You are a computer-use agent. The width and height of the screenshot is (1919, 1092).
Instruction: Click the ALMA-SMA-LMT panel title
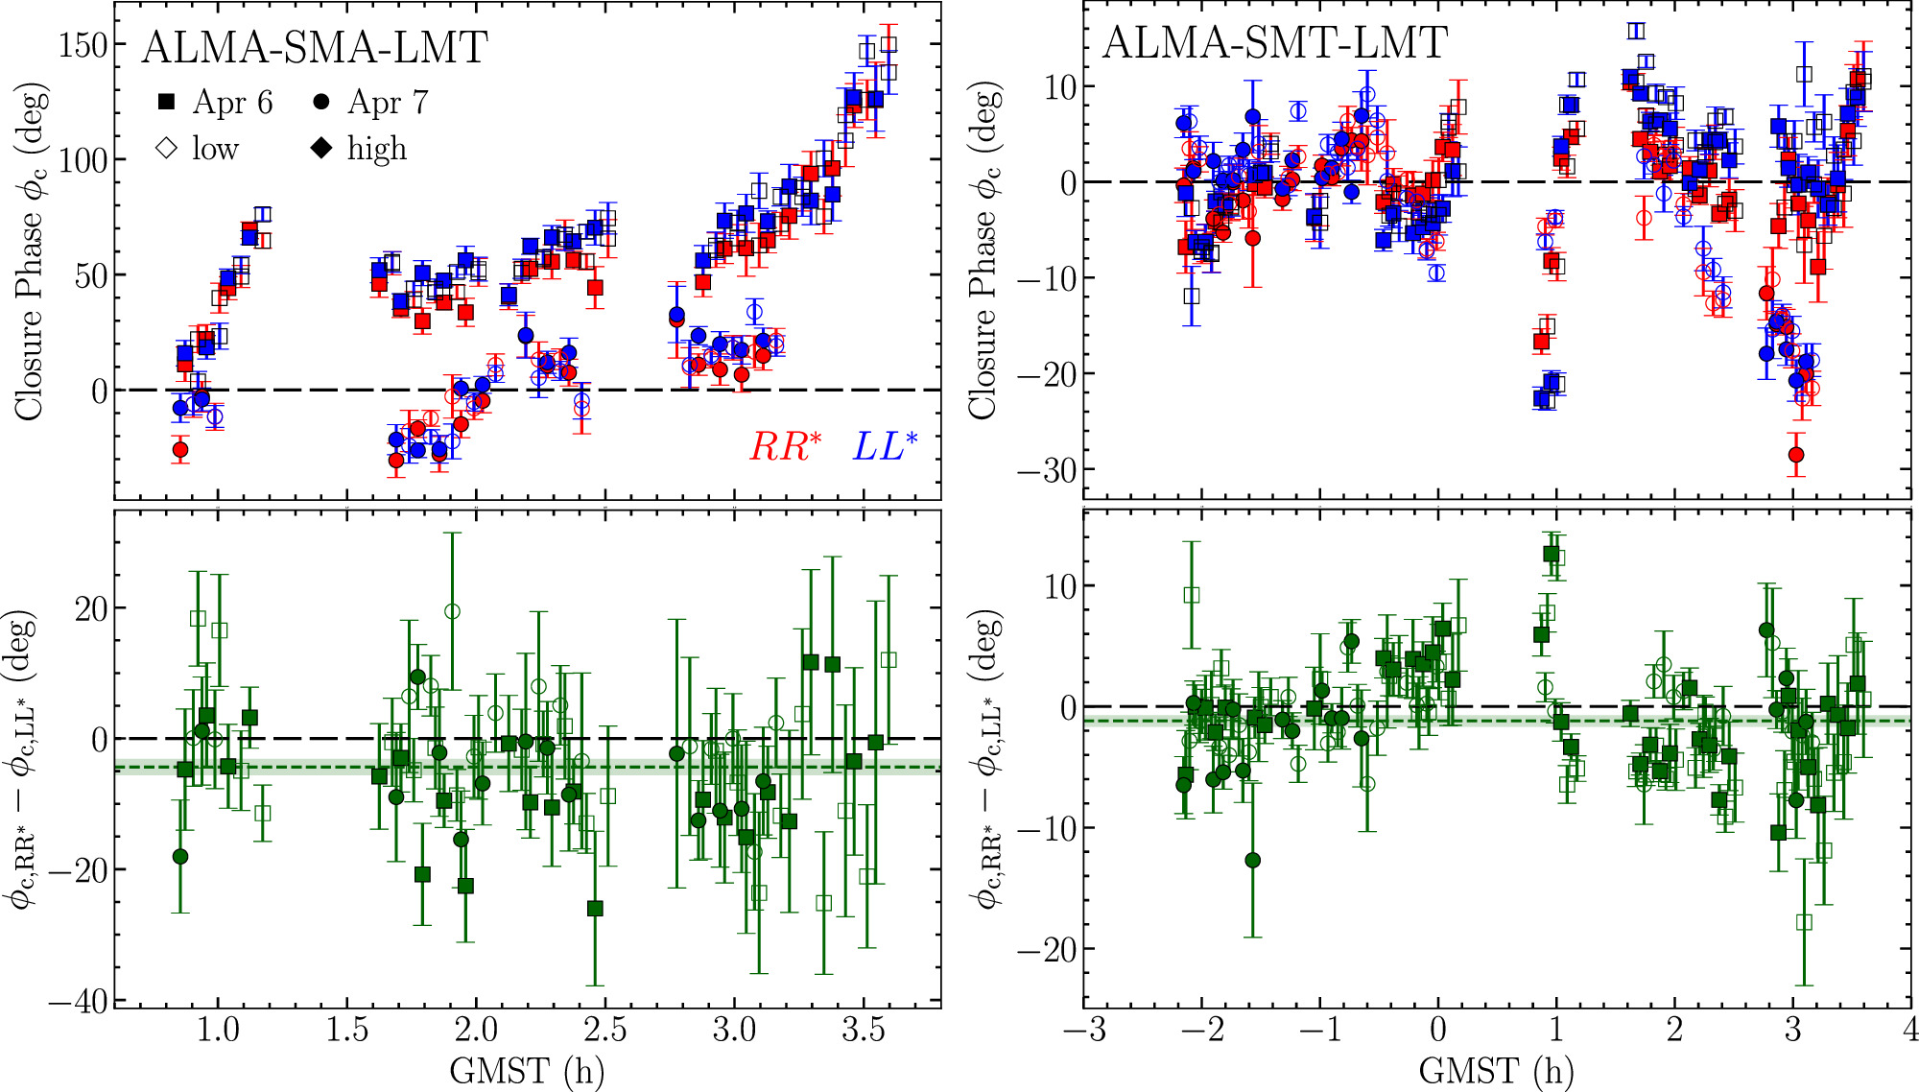click(x=315, y=47)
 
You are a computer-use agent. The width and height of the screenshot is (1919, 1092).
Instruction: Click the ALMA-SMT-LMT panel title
click(x=1274, y=42)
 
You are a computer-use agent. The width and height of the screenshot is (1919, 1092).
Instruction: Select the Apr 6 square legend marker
click(x=167, y=102)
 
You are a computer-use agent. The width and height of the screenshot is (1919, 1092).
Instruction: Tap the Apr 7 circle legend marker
click(x=322, y=102)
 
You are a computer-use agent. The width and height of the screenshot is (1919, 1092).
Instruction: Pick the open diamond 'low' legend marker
click(x=167, y=149)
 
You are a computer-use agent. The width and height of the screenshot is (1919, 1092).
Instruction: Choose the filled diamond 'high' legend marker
click(x=322, y=149)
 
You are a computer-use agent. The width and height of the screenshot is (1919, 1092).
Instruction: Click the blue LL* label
click(x=885, y=446)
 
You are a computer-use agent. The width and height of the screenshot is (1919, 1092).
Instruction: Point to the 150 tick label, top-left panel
click(x=83, y=44)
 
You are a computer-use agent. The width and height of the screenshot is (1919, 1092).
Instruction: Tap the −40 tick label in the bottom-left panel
click(x=77, y=1001)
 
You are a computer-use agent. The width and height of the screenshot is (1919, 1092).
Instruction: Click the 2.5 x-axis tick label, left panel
click(x=604, y=1030)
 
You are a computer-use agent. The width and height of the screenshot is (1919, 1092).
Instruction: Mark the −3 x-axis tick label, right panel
click(x=1084, y=1030)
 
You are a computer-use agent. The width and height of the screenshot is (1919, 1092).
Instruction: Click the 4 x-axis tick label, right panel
click(x=1910, y=1030)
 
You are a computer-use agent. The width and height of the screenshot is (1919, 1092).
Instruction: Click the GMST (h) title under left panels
click(x=527, y=1070)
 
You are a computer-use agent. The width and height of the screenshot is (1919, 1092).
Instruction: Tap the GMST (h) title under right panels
click(x=1496, y=1070)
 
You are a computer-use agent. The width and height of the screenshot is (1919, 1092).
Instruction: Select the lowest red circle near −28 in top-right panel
click(x=1796, y=455)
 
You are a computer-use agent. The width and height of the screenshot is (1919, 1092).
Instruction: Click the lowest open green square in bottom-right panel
click(x=1804, y=922)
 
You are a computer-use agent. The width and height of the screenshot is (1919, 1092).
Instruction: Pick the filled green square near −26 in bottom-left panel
click(x=595, y=908)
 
